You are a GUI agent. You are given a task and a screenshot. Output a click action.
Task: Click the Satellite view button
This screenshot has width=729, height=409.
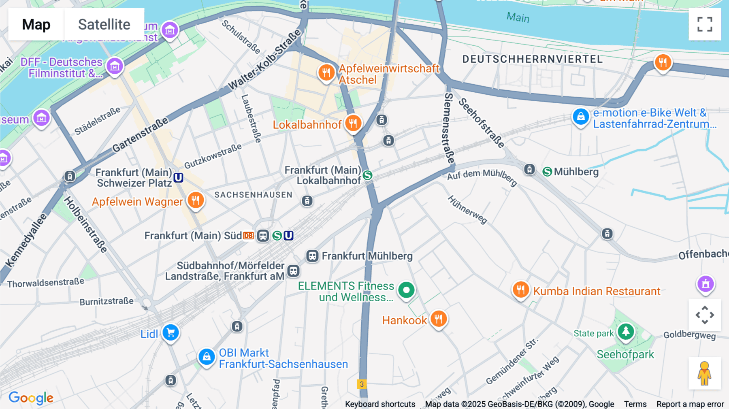pyautogui.click(x=104, y=24)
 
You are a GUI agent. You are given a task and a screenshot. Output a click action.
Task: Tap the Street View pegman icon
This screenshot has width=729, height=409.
pyautogui.click(x=704, y=373)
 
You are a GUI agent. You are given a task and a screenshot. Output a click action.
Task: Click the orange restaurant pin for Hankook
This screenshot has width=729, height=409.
pyautogui.click(x=438, y=319)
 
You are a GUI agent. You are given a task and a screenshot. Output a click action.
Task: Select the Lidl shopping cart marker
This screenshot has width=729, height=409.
pyautogui.click(x=171, y=332)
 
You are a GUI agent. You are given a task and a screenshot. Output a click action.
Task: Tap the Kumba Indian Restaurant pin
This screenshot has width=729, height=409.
pyautogui.click(x=521, y=290)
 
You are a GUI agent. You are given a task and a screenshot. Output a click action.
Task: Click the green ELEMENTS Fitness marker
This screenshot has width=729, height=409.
pyautogui.click(x=406, y=290)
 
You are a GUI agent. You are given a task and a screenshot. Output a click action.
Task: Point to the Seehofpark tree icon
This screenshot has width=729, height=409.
pyautogui.click(x=626, y=332)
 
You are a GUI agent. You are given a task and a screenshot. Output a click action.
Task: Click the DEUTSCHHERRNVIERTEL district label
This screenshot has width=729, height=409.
pyautogui.click(x=533, y=59)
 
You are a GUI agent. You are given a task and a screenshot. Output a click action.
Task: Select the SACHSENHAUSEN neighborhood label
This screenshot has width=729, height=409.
pyautogui.click(x=253, y=195)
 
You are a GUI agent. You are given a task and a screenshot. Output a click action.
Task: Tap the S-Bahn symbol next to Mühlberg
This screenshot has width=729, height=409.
pyautogui.click(x=547, y=172)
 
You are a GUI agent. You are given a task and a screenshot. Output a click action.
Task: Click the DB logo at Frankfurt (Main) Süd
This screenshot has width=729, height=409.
pyautogui.click(x=248, y=236)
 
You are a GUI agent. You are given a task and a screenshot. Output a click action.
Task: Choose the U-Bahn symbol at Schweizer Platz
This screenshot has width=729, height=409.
pyautogui.click(x=179, y=177)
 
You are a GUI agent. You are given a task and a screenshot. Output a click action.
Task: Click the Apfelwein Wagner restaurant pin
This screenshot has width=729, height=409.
pyautogui.click(x=196, y=200)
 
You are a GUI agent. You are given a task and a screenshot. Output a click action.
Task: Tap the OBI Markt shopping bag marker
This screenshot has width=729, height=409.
pyautogui.click(x=207, y=357)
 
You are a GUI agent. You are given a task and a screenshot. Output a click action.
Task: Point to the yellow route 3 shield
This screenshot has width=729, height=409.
pyautogui.click(x=362, y=384)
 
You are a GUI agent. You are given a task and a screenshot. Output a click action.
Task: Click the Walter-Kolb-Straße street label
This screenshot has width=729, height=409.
pyautogui.click(x=265, y=60)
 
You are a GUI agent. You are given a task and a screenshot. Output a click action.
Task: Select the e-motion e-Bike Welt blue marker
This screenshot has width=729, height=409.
pyautogui.click(x=580, y=117)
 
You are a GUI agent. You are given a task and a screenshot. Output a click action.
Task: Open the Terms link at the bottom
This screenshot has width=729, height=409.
pyautogui.click(x=635, y=404)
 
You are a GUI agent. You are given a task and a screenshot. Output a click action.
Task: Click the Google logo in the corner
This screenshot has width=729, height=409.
pyautogui.click(x=31, y=398)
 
